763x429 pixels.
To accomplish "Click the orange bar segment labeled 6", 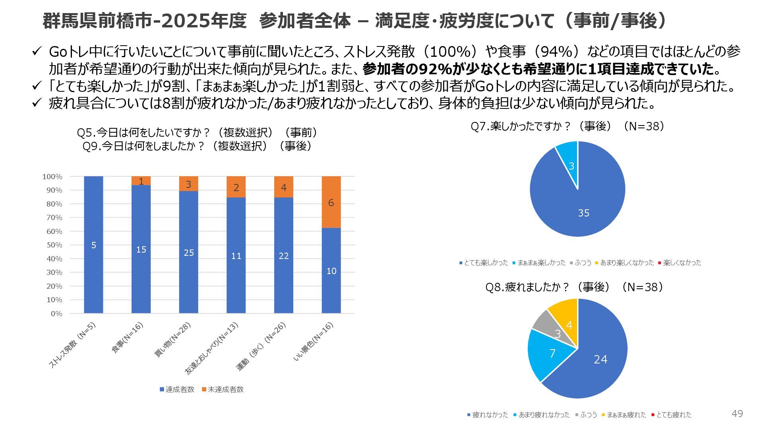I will (x=331, y=202).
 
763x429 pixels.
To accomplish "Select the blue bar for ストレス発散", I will (x=93, y=245).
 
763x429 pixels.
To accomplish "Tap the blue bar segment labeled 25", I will (x=188, y=252).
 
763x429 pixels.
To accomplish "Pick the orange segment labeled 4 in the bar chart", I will (x=283, y=187).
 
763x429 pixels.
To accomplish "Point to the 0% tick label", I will (x=56, y=314).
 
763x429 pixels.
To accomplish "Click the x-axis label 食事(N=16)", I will (x=127, y=338).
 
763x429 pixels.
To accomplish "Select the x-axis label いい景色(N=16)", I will (x=314, y=342).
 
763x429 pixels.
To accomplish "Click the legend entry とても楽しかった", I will (x=484, y=263).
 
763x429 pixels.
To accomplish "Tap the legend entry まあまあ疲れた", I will (x=624, y=415).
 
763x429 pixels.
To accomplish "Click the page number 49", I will (x=737, y=414).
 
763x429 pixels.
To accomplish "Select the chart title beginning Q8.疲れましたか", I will (x=574, y=287).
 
